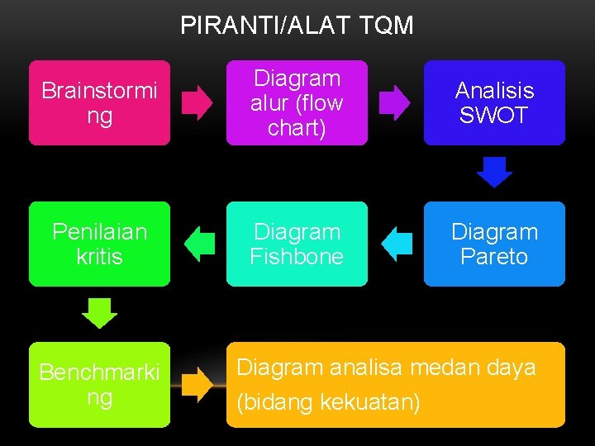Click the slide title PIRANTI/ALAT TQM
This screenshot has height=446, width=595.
[297, 26]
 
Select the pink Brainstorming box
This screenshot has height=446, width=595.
[99, 102]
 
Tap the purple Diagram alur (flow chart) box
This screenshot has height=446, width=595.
[297, 102]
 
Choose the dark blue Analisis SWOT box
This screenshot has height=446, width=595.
[494, 102]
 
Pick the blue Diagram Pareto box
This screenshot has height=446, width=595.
[494, 244]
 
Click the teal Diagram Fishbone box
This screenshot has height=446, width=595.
[297, 244]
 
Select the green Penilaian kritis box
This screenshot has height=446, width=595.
[99, 244]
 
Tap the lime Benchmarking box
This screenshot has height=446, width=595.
[99, 385]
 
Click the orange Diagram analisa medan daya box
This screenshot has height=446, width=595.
[396, 385]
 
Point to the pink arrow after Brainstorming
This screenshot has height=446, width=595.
[198, 103]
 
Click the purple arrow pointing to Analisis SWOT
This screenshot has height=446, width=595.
[394, 103]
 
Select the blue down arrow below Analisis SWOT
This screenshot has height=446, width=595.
[495, 172]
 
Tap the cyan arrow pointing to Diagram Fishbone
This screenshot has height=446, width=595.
[397, 244]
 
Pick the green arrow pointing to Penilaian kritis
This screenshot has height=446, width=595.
[198, 244]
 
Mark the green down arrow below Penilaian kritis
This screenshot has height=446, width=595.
[100, 313]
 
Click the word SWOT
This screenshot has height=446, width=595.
[493, 116]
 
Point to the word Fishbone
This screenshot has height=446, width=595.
[297, 257]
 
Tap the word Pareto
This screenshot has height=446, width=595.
[494, 257]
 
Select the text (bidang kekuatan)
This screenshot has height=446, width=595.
[328, 403]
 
